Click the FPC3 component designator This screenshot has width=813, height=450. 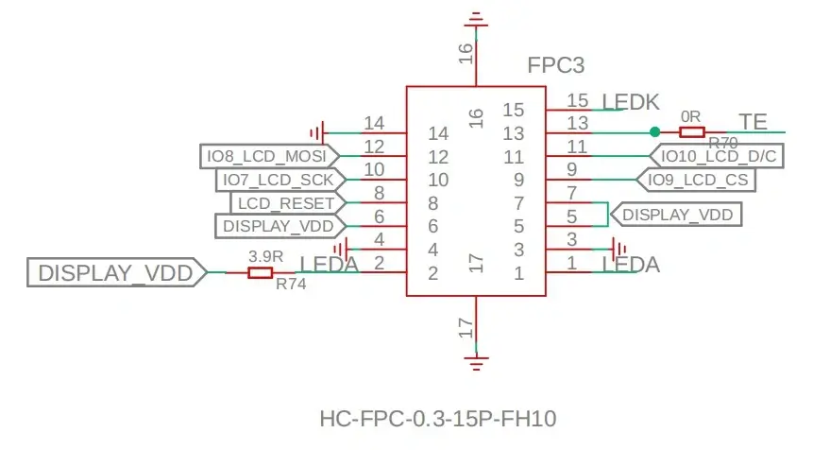coord(556,65)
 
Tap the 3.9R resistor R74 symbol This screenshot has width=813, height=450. coord(260,272)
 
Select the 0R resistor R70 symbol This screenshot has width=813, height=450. coord(692,131)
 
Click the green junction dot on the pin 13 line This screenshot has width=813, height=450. coord(655,131)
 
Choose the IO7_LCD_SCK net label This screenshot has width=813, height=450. coord(280,181)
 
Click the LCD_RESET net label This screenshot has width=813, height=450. coord(288,203)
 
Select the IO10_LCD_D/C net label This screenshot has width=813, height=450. coord(717,156)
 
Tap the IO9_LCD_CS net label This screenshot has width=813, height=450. coord(696,180)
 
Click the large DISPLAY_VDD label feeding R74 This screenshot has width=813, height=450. coord(117,272)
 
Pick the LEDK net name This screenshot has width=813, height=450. coord(631,102)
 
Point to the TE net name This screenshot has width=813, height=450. coord(753,122)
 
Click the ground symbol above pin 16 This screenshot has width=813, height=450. coord(476,19)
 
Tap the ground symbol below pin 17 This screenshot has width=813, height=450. coord(476,362)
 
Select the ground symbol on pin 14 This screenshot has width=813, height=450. coord(317,133)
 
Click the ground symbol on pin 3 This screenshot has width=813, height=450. coord(618,250)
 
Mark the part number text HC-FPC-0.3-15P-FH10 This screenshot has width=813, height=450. coord(438,419)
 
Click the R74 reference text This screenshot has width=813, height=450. coord(291,284)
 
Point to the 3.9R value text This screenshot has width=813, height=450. coord(265,256)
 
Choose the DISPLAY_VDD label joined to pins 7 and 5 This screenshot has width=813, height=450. coord(677,215)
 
